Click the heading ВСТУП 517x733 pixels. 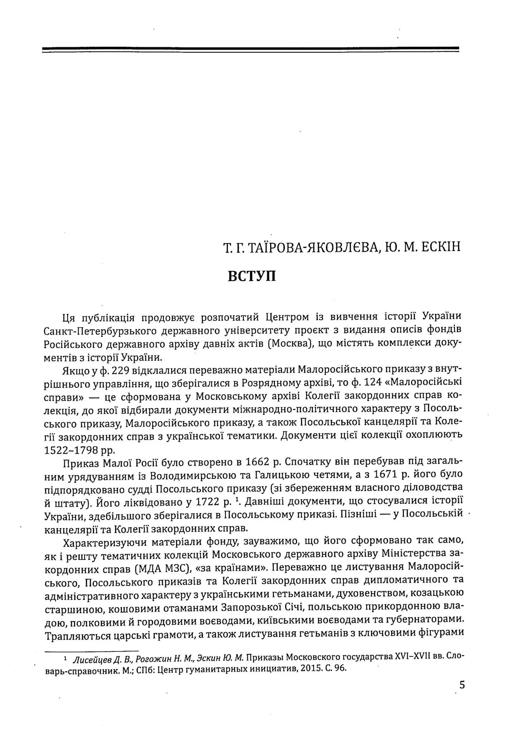pos(252,276)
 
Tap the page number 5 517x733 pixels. pos(462,685)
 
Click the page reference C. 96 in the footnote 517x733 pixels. pos(335,668)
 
